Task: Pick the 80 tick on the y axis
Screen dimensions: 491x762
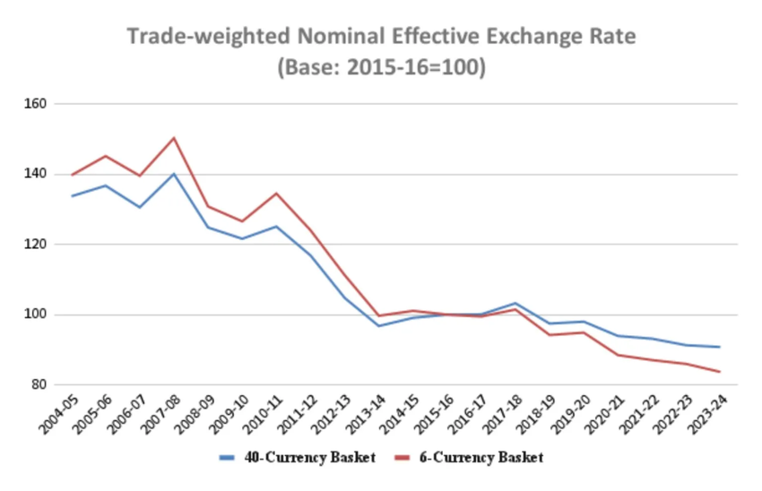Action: click(39, 385)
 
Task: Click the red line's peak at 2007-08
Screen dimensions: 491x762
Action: click(174, 138)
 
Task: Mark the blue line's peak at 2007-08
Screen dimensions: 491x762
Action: click(174, 174)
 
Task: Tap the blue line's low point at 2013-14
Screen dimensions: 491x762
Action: click(378, 325)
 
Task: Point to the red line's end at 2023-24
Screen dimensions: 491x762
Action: click(720, 372)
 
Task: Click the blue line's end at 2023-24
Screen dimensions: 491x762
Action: click(720, 347)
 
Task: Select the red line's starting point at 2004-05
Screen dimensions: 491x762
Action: click(72, 175)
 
